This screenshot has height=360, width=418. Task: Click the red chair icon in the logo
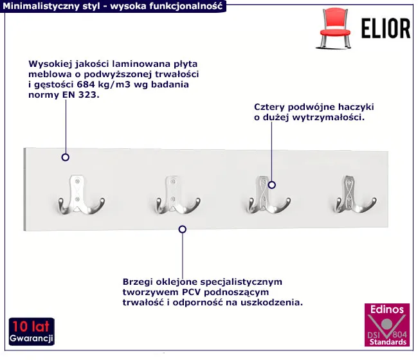click(x=335, y=28)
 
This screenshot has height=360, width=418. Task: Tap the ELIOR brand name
click(x=386, y=28)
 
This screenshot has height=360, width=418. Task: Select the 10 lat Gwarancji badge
click(x=32, y=332)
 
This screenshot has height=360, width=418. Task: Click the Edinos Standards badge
click(x=386, y=325)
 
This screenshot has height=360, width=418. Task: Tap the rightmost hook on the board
click(x=355, y=195)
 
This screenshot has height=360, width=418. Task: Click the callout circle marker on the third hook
click(x=271, y=184)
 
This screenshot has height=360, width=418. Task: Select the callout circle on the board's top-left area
click(x=66, y=157)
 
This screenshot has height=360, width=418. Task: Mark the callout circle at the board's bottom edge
click(x=183, y=229)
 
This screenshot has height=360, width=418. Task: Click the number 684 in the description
click(x=86, y=84)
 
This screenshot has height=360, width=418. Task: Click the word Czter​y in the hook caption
click(x=269, y=107)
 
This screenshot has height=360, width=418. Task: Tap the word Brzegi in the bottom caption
click(x=138, y=282)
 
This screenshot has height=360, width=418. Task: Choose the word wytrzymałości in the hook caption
click(x=329, y=118)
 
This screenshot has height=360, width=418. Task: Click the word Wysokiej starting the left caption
click(x=50, y=64)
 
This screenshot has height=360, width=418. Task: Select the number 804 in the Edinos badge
click(x=399, y=334)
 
